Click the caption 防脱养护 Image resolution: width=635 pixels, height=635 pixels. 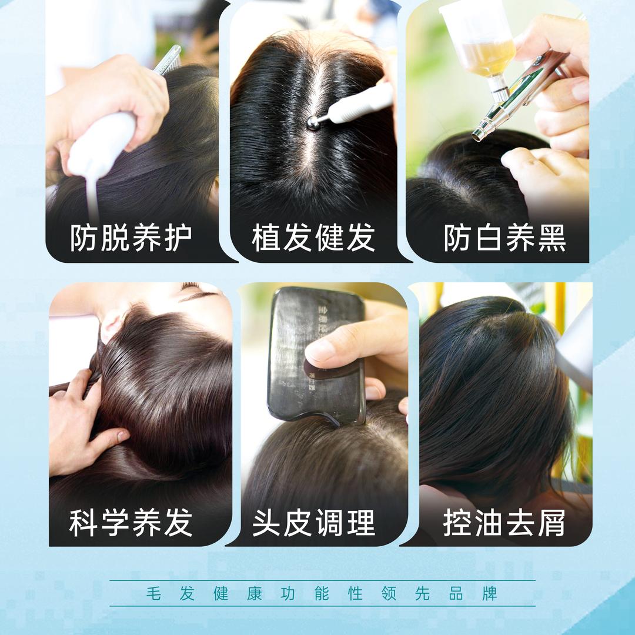[x=131, y=238]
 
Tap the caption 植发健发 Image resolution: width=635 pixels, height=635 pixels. [x=313, y=238]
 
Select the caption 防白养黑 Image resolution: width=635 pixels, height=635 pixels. [x=504, y=238]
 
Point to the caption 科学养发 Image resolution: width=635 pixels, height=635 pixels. [x=131, y=522]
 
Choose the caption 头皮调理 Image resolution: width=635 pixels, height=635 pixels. [x=313, y=522]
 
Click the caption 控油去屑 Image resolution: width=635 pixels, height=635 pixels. [x=504, y=522]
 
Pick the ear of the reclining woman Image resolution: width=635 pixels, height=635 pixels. [x=112, y=326]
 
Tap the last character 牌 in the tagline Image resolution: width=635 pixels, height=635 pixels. [x=489, y=593]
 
